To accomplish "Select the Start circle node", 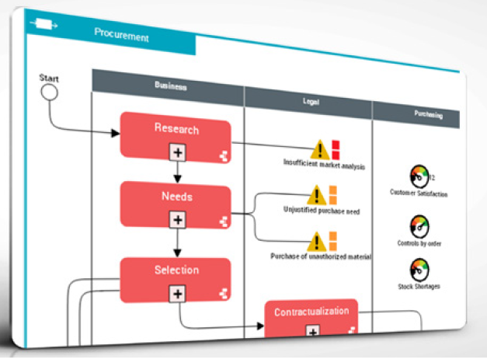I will coord(49,92).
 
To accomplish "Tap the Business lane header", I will coord(169,86).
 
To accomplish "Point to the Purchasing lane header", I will coord(428,115).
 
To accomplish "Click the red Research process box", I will coord(176,132).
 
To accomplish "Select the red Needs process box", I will coord(176,199).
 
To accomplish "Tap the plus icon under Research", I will coord(179,152).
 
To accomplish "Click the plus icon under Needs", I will coord(179,221).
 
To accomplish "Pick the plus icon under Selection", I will coord(179,293).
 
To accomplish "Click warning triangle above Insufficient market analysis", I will coord(320,148).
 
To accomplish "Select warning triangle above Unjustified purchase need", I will coord(315,194).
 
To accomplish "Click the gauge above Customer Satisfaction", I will coord(418,175).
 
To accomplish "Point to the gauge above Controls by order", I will coord(419,226).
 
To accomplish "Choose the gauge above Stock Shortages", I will coord(419,269).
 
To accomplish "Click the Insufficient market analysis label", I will coord(324,165).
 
